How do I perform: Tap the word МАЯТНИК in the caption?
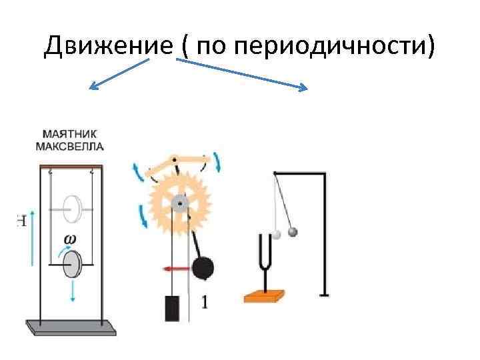click(x=71, y=134)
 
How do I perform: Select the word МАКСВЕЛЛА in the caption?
click(x=71, y=145)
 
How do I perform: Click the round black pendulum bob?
click(x=203, y=269)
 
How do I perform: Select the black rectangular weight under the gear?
click(x=172, y=309)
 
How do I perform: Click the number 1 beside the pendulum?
click(x=204, y=302)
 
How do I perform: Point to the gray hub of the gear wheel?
click(x=178, y=202)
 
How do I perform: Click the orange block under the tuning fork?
click(x=265, y=295)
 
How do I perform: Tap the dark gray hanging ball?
click(x=291, y=232)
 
